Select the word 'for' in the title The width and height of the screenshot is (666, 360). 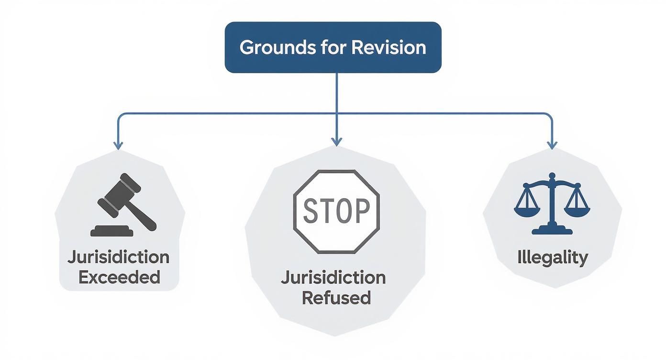pos(332,47)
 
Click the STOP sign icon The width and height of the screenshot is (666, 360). pos(336,211)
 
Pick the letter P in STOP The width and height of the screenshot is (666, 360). pos(362,211)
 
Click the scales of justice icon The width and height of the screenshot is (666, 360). pos(552,203)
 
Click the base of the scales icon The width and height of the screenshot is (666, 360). pos(552,231)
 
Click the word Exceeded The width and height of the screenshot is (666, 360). pos(119,277)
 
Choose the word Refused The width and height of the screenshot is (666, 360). pos(336,298)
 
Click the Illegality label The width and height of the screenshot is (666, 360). pos(552,258)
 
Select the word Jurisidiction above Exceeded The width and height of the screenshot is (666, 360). pos(119,257)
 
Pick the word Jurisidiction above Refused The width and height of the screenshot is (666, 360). pos(333,278)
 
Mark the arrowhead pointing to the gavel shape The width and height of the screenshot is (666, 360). pos(118,145)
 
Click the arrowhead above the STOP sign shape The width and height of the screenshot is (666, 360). pos(336,141)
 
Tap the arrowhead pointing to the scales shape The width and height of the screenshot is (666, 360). pos(552,145)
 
